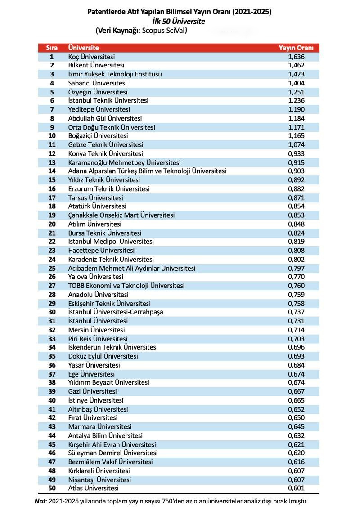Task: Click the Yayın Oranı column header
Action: coord(296,48)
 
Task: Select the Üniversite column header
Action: coord(83,48)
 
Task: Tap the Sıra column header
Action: coord(52,48)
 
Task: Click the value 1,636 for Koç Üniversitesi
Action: coord(297,57)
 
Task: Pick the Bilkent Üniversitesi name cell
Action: coord(93,65)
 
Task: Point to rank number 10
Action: coord(52,136)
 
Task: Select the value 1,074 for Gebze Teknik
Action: coord(297,145)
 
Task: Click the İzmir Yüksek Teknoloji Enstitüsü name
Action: coord(115,74)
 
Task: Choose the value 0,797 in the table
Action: coord(297,268)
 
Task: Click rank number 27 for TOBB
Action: coord(52,286)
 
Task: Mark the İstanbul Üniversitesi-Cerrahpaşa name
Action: coord(116,312)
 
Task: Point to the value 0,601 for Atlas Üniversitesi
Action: coord(297,488)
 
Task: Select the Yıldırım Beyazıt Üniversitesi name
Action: coord(108,382)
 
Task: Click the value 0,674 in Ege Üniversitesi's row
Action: coord(297,374)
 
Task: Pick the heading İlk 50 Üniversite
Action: coord(179,21)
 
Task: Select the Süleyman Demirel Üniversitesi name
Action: coord(113,453)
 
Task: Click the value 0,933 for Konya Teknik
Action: coord(297,153)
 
